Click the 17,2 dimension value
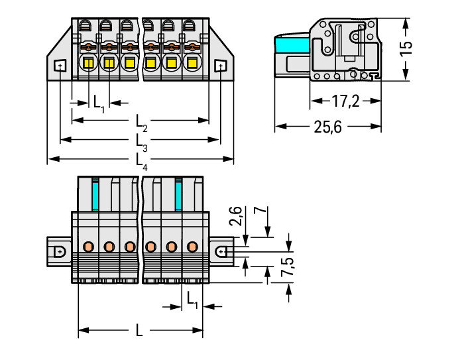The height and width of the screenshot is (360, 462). pos(345,101)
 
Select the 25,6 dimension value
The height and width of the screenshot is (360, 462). pos(327,127)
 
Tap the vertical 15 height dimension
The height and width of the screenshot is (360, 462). pos(406,48)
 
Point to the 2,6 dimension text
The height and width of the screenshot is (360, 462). pos(236,216)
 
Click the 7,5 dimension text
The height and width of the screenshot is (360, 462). pos(287,267)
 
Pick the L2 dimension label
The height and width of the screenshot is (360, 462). pos(141,123)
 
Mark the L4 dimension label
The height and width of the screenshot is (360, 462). pos(141,162)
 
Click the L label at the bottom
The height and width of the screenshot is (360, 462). pos(139,331)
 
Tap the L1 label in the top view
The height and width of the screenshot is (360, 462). pos(99,104)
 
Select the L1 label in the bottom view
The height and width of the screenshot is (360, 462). pos(192,300)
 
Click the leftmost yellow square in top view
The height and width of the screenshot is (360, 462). pos(89,63)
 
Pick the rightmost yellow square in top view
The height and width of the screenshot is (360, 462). pos(192,63)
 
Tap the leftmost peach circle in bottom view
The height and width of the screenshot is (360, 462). pos(88,246)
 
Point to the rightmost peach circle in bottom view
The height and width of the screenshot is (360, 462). pos(192,246)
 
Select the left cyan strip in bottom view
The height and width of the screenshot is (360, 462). pos(95,194)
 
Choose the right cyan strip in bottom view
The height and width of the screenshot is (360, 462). pos(178,194)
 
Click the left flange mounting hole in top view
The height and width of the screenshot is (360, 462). pos(60,66)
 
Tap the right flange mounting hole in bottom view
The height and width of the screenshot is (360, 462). pos(221,252)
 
